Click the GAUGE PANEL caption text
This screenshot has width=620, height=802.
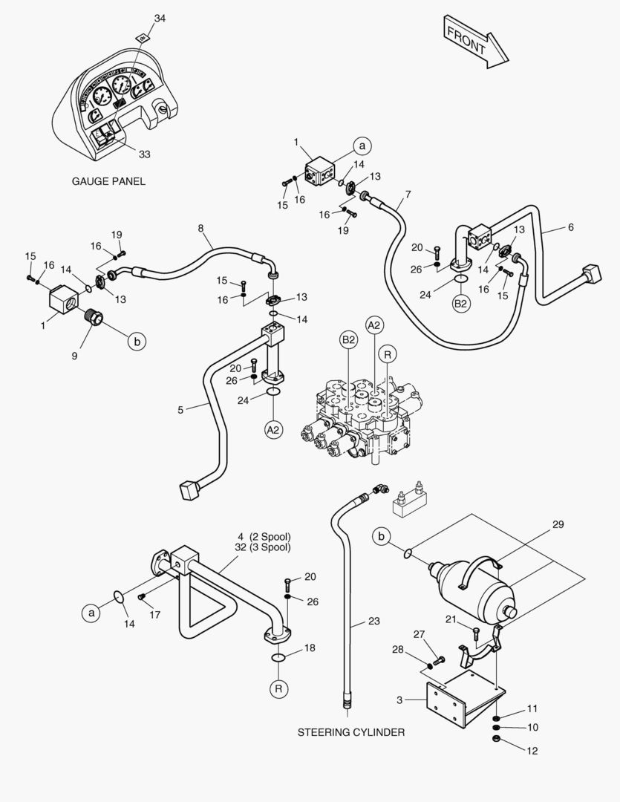(x=108, y=180)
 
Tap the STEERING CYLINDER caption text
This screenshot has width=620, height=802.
(x=351, y=732)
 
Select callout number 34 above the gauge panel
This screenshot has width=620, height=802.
(x=160, y=18)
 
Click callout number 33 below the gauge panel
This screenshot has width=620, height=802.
(x=144, y=154)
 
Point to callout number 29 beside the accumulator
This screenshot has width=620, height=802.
(x=558, y=524)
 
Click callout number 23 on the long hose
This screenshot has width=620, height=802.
(x=373, y=621)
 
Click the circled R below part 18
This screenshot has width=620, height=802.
(x=279, y=689)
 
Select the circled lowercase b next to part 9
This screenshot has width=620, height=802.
(x=137, y=342)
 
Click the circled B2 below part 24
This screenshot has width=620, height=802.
(x=461, y=304)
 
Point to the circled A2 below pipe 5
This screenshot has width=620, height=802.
(x=274, y=428)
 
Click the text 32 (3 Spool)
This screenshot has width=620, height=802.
(x=263, y=547)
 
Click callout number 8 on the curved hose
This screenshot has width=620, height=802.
(x=200, y=229)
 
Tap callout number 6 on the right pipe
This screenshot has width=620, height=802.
(x=570, y=228)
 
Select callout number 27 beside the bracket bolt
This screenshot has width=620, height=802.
(x=419, y=633)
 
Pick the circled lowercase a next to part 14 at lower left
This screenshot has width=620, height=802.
(x=91, y=613)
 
